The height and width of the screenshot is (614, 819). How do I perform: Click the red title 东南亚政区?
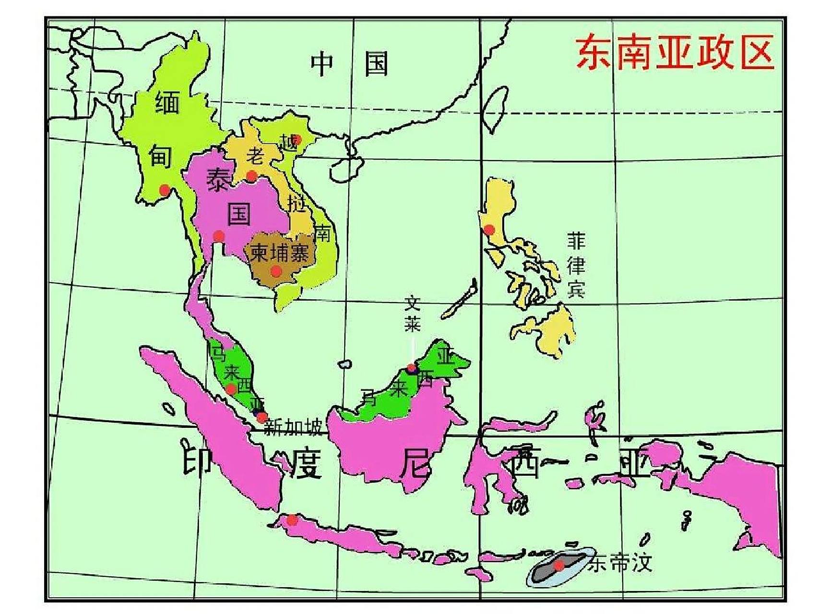pos(674,53)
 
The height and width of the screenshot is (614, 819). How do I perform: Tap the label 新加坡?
pos(293,427)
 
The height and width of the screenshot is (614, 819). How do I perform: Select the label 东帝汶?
pos(622,564)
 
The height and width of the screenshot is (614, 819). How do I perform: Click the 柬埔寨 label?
pos(279,253)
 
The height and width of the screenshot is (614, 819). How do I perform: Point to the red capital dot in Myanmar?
pos(165,190)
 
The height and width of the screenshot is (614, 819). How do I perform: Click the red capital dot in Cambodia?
pos(276,272)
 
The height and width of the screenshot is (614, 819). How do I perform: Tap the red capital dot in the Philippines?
pos(489,230)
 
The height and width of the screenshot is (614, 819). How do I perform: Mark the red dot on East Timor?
pos(558,566)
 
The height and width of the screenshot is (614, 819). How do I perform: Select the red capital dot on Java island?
pos(292,520)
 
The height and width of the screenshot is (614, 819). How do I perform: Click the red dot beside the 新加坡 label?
pos(261,417)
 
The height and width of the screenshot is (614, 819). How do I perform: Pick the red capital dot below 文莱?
pos(411,368)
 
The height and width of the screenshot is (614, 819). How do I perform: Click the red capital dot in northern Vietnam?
pos(297,140)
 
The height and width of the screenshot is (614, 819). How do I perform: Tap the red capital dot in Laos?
pos(251,176)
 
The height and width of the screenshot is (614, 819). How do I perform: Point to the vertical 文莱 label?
pos(412,314)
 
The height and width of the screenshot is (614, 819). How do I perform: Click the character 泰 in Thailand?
pos(217,180)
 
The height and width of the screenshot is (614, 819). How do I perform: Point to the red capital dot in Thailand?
pos(219,236)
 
